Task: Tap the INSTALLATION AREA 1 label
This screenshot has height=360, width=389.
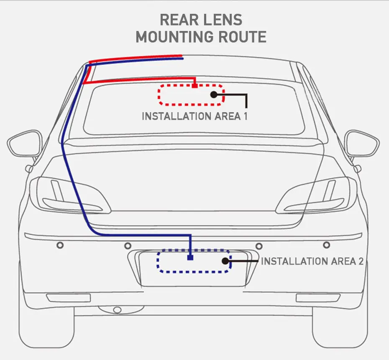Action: (x=194, y=116)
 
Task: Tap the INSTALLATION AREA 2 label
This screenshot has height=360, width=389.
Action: (x=312, y=262)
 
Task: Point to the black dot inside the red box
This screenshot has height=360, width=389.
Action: (x=214, y=95)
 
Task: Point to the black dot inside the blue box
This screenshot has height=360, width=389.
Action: (x=225, y=261)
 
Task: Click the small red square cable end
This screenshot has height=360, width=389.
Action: (x=195, y=86)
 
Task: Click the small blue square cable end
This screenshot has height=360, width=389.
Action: (x=190, y=258)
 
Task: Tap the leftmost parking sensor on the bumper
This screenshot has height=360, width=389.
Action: (x=60, y=244)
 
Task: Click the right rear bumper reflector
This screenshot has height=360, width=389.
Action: (x=318, y=298)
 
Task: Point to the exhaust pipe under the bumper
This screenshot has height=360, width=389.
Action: (x=118, y=310)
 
